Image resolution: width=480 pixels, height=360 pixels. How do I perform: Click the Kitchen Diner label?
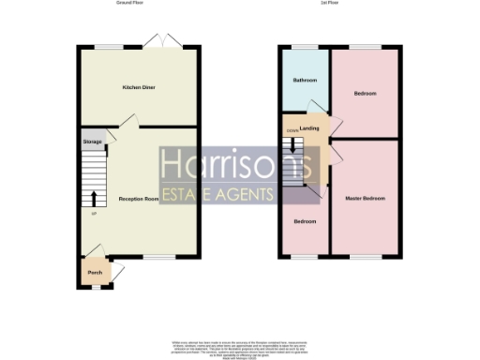click(138, 88)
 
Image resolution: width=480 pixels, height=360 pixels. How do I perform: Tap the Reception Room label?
click(138, 200)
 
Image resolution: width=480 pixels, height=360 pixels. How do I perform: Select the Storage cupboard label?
click(92, 142)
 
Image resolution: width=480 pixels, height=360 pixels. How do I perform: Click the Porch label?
click(95, 273)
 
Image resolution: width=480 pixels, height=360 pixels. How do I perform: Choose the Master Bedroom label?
click(365, 199)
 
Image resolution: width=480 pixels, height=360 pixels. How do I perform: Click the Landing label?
click(310, 127)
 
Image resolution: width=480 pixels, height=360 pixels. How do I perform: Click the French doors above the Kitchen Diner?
click(160, 43)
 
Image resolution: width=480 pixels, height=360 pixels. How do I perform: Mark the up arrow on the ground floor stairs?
click(94, 198)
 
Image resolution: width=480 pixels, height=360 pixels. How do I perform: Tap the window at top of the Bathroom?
click(302, 48)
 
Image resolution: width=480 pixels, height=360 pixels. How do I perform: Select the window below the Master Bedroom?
click(366, 256)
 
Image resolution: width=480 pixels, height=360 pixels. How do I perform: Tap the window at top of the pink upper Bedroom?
click(366, 48)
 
